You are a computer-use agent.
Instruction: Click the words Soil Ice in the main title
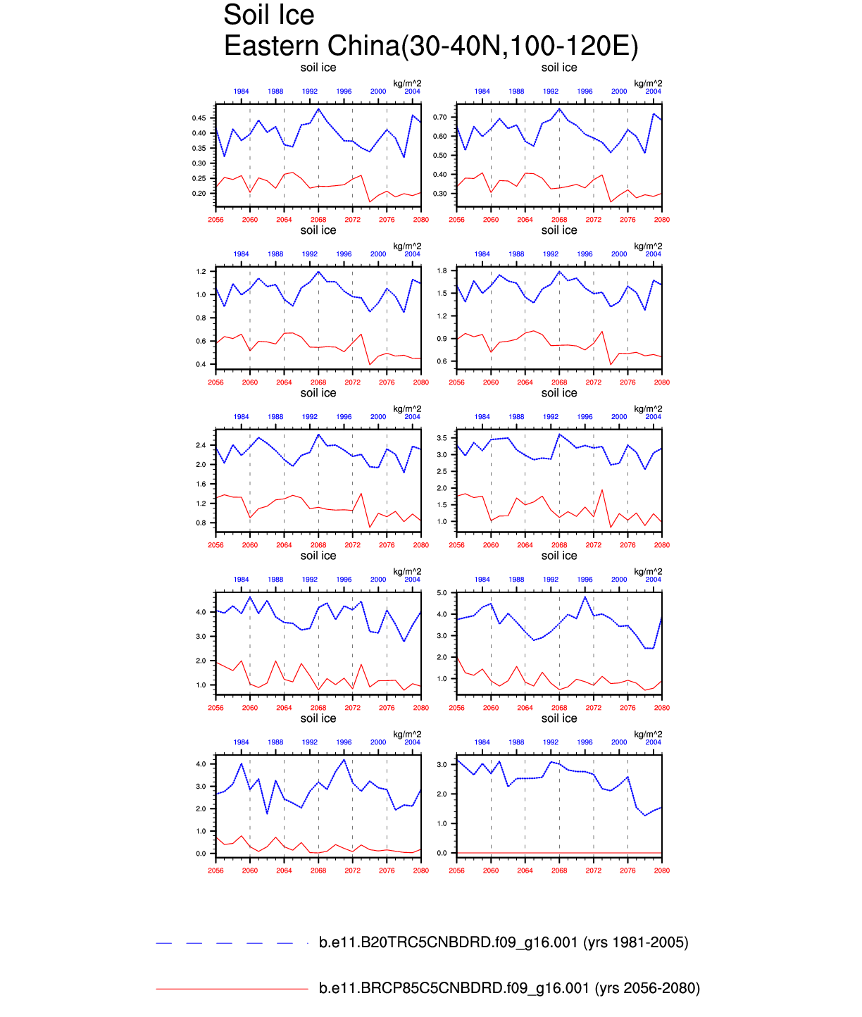pos(268,15)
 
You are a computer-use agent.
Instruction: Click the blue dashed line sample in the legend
pos(232,942)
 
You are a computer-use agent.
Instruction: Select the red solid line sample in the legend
pos(232,989)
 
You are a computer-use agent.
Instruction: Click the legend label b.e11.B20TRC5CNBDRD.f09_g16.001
pos(448,942)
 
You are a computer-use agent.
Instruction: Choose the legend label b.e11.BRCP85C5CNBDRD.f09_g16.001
pos(454,988)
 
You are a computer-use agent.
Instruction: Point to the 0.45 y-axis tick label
pos(199,118)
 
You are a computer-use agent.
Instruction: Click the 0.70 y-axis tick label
pos(440,117)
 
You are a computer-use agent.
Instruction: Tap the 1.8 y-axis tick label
pos(442,270)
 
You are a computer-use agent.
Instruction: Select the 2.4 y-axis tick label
pos(201,445)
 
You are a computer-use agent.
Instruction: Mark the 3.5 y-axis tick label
pos(442,438)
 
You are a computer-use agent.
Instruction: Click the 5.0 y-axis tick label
pos(442,593)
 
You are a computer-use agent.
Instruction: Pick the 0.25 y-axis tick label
pos(199,179)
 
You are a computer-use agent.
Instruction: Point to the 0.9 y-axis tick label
pos(442,339)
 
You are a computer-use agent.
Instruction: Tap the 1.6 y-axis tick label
pos(201,485)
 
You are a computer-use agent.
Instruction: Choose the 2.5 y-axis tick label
pos(442,472)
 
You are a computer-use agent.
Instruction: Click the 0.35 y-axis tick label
pos(199,149)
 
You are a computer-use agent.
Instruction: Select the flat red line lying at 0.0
pos(559,853)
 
